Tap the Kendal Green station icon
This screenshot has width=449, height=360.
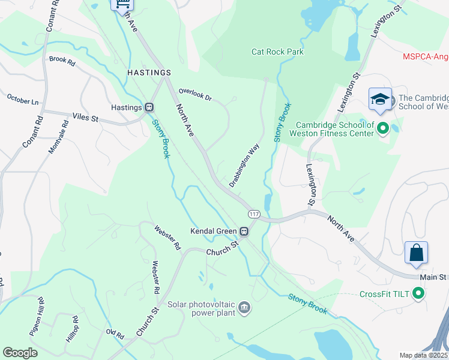pyautogui.click(x=244, y=231)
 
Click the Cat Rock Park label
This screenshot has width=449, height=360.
pyautogui.click(x=277, y=52)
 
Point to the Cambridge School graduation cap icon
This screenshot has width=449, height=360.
pyautogui.click(x=380, y=100)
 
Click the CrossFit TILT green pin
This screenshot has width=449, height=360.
pyautogui.click(x=419, y=294)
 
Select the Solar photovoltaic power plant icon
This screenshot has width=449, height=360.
pyautogui.click(x=244, y=308)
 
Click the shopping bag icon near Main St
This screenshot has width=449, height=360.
pyautogui.click(x=416, y=253)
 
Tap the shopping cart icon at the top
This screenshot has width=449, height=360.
pyautogui.click(x=122, y=5)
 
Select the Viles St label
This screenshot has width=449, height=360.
pyautogui.click(x=85, y=118)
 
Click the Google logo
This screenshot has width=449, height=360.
pyautogui.click(x=20, y=353)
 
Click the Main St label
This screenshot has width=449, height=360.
pyautogui.click(x=433, y=277)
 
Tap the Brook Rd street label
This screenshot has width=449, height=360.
pyautogui.click(x=62, y=61)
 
